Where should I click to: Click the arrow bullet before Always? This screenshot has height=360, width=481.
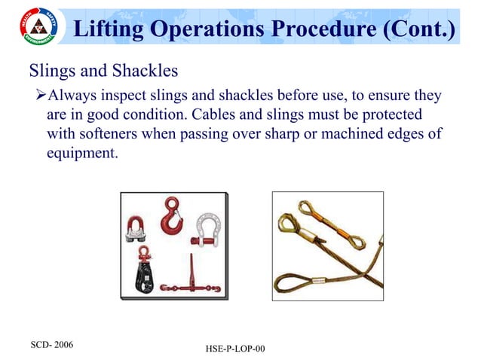[41, 96]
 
